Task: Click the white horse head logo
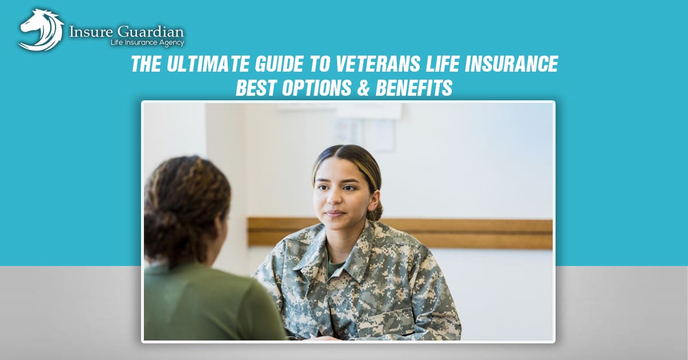click(41, 29)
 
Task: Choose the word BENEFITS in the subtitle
click(419, 88)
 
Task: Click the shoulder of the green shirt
click(189, 281)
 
